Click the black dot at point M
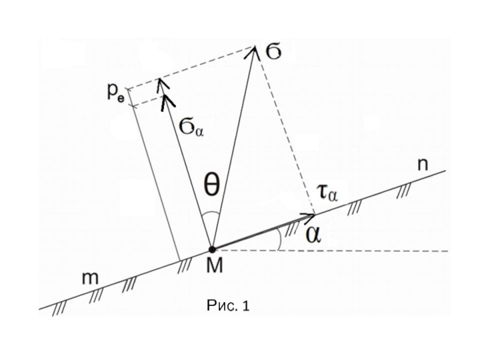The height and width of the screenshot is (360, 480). [x=211, y=250]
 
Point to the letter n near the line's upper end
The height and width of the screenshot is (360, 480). [x=422, y=166]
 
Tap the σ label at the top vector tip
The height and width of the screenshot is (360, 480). [x=274, y=53]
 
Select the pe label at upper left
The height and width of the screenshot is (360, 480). [x=116, y=91]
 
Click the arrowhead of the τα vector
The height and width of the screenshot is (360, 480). [x=311, y=215]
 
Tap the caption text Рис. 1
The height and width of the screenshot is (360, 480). [x=227, y=307]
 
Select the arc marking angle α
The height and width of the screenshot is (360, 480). [x=280, y=239]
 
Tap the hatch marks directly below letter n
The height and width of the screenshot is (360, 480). [x=406, y=191]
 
